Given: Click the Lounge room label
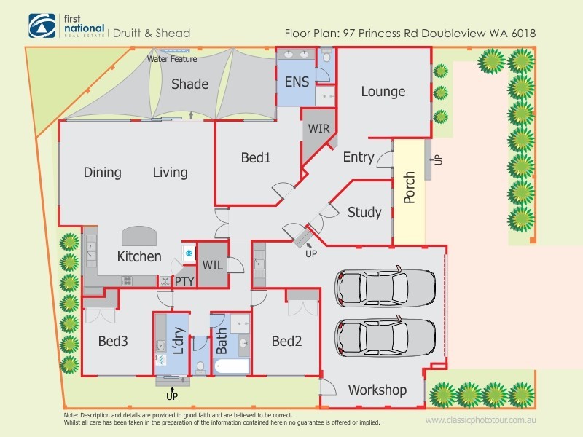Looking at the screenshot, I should point(383,92).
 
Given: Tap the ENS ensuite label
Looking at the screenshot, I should point(298,81).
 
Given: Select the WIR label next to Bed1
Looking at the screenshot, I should point(318,129).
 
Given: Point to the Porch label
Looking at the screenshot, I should point(409,188).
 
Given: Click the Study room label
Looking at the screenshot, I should point(364,213).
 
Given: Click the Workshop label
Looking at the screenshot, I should point(377,390).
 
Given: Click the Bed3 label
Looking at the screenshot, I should point(114,341).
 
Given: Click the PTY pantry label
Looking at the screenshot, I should point(183,280).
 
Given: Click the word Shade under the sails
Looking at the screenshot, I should point(189,84).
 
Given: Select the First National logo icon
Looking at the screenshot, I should point(40,27).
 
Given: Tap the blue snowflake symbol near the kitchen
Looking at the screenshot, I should point(187,253).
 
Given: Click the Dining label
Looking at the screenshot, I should point(102,173).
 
